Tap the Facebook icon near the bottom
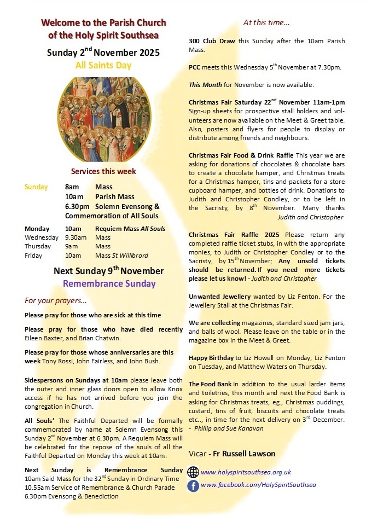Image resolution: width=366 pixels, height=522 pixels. (x=193, y=485)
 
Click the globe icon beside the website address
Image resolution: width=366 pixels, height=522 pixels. (x=193, y=472)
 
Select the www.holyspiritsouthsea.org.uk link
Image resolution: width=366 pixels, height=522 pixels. (x=246, y=472)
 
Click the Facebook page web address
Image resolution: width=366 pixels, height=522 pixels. (x=258, y=485)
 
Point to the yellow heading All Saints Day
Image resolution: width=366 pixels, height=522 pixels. (x=103, y=66)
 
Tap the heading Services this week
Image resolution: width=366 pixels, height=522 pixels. (x=103, y=171)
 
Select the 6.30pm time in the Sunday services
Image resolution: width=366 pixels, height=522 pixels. (x=77, y=206)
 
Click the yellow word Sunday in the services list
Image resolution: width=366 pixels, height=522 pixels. (x=36, y=187)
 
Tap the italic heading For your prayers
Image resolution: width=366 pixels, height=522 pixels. (x=55, y=300)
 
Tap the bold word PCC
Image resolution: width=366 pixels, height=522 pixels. (x=195, y=67)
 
